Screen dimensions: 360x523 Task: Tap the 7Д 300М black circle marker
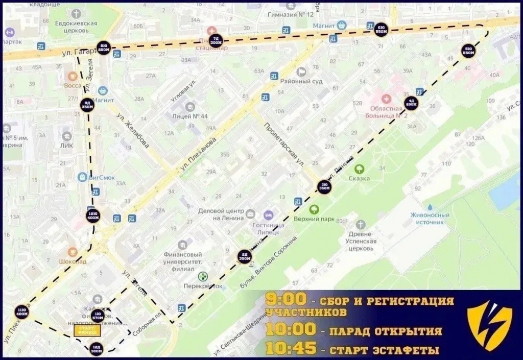pyautogui.click(x=217, y=41)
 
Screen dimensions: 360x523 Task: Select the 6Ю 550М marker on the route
pyautogui.click(x=381, y=29)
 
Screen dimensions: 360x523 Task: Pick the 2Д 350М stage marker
pyautogui.click(x=245, y=258)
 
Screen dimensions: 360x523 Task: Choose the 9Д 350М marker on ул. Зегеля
pyautogui.click(x=87, y=105)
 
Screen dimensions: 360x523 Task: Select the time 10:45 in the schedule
pyautogui.click(x=290, y=350)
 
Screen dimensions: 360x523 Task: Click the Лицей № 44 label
pyautogui.click(x=189, y=116)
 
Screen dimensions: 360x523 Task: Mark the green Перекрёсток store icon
pyautogui.click(x=203, y=276)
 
